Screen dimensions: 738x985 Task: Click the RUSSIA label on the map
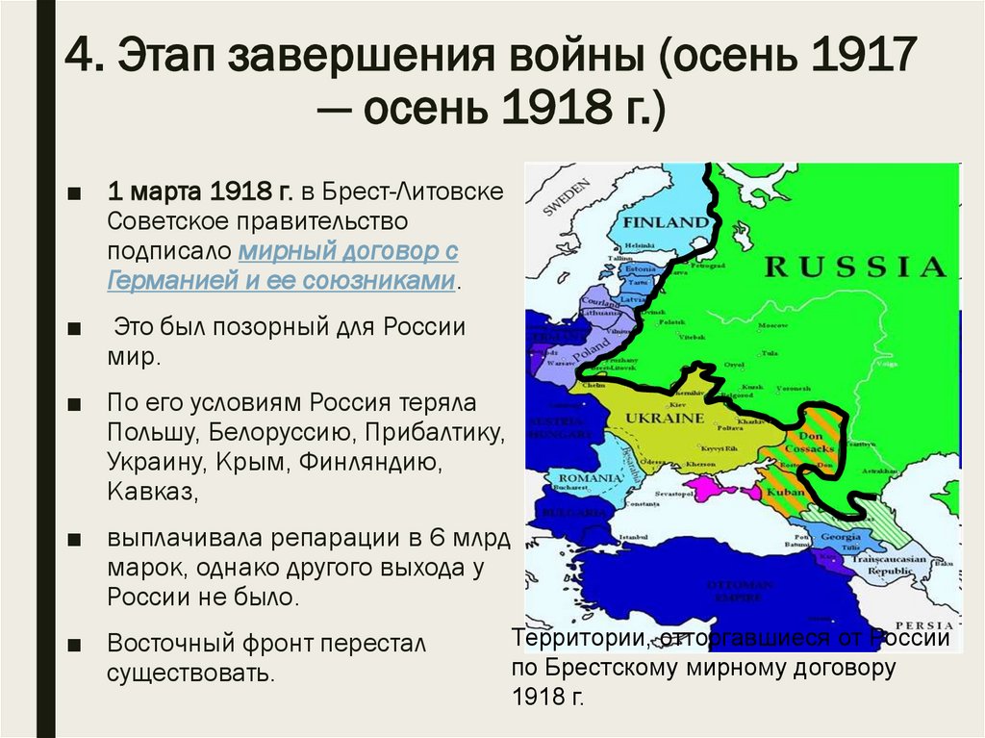point(855,266)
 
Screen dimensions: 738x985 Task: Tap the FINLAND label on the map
point(665,222)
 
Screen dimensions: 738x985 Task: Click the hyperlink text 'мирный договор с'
point(347,252)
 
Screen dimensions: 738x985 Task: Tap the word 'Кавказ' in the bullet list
point(152,494)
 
